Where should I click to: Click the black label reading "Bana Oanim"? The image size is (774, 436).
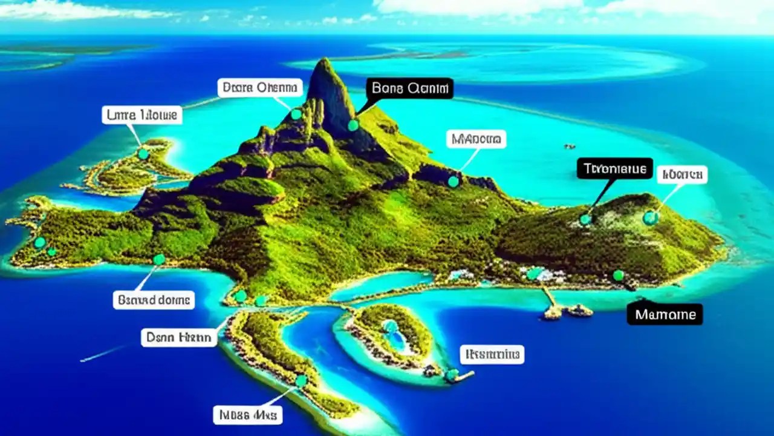[409, 88]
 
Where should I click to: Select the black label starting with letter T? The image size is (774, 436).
[615, 168]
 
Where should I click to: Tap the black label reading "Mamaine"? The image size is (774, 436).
[665, 314]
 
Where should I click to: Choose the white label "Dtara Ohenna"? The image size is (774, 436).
[260, 87]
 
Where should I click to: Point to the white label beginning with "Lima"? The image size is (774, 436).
[141, 114]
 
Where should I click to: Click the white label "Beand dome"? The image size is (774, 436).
[154, 299]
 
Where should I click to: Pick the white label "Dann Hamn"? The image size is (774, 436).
[179, 337]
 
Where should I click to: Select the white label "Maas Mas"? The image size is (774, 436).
[248, 415]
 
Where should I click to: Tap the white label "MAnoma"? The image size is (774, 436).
[476, 139]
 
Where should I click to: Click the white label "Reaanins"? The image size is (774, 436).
[492, 354]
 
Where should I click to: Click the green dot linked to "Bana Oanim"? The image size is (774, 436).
[353, 125]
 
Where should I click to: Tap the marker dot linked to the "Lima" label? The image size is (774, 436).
[143, 154]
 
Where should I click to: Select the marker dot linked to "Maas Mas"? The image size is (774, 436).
[301, 381]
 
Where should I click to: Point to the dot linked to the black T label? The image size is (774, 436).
[585, 219]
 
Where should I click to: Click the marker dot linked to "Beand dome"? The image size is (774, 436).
[159, 260]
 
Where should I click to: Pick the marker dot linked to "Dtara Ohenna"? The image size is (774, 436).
[296, 114]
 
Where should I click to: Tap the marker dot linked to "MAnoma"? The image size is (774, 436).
[454, 181]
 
